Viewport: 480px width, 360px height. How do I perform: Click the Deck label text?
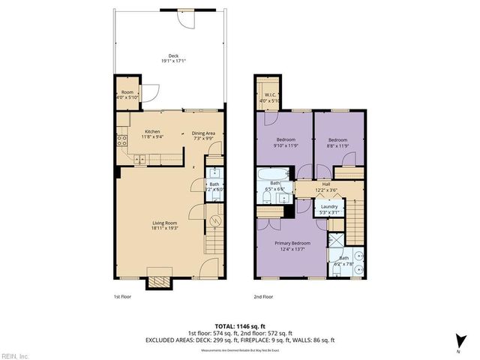click(173, 55)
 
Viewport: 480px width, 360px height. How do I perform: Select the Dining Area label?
click(204, 133)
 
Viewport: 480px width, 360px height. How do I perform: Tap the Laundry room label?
click(330, 207)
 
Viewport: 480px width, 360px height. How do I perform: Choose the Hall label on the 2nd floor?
click(326, 184)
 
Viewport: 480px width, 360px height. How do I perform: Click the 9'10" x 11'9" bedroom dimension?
click(286, 145)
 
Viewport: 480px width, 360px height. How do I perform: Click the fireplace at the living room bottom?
click(159, 280)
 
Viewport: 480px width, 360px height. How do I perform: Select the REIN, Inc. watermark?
click(14, 355)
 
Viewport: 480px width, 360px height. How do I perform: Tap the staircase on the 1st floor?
click(214, 241)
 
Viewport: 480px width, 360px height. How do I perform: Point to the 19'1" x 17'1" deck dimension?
click(173, 61)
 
